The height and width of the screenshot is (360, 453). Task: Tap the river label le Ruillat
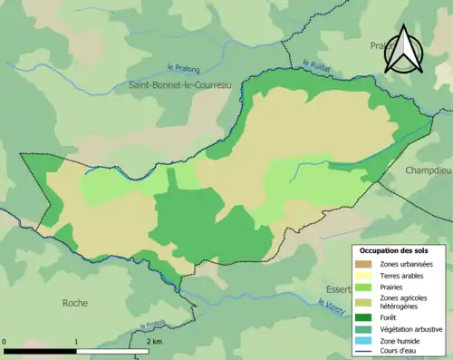316,64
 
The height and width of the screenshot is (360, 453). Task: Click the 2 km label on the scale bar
153,342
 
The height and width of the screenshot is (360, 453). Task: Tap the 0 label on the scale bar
5,342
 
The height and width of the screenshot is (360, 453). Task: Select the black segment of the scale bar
41,350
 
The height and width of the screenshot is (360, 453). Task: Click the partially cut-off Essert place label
337,290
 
